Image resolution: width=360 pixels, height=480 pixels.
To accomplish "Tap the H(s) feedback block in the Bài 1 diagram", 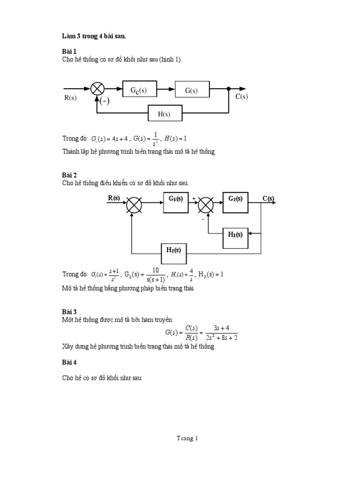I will [x=165, y=113].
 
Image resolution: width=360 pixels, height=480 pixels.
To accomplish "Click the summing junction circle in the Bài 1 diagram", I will [x=98, y=89].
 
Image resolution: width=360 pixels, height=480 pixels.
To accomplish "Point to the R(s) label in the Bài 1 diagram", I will [x=70, y=97].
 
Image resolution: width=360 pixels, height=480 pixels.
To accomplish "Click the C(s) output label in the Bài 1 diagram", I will [x=241, y=97].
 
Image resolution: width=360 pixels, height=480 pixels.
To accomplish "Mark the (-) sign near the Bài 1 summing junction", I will [x=105, y=101].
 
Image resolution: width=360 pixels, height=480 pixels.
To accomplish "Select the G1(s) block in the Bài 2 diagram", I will [x=176, y=202].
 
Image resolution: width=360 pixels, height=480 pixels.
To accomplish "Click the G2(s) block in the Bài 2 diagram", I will [x=235, y=202].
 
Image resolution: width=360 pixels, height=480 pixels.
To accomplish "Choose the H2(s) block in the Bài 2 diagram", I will [x=173, y=254].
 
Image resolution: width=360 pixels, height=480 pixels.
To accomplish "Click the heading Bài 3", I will [x=69, y=311].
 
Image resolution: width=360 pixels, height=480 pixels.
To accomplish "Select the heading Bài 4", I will [x=69, y=362].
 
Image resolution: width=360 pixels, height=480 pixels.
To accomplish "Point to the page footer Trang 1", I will [x=187, y=438].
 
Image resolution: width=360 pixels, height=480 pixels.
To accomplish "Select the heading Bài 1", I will [x=69, y=51].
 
